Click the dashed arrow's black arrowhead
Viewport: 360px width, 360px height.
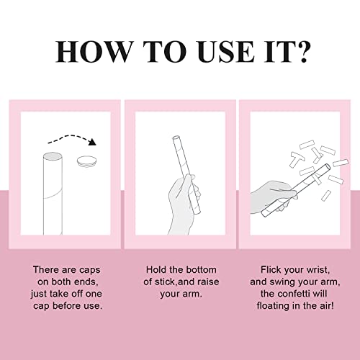tap(91, 142)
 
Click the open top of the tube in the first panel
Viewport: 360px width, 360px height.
tap(53, 156)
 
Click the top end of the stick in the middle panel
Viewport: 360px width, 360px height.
tap(176, 138)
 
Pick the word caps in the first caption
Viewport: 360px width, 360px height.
tap(89, 270)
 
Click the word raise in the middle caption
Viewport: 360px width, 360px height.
tap(208, 282)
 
